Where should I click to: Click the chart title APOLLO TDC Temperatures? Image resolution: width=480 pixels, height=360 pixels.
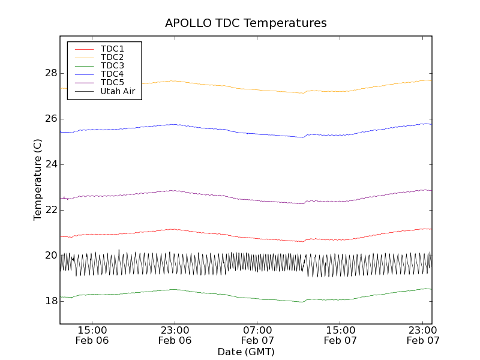246,23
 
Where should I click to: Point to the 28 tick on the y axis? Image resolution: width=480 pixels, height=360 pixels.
50,73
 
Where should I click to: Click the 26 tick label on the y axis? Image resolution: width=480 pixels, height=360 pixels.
50,119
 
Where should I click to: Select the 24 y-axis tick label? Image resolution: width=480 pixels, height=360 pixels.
50,164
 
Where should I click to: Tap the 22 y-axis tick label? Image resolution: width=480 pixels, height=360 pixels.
50,210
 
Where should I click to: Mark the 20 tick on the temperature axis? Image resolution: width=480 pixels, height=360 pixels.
50,256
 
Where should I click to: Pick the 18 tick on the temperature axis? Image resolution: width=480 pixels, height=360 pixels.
50,301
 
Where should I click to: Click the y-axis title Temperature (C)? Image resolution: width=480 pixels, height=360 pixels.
38,180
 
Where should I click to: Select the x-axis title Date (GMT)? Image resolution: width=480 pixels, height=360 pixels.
246,352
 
